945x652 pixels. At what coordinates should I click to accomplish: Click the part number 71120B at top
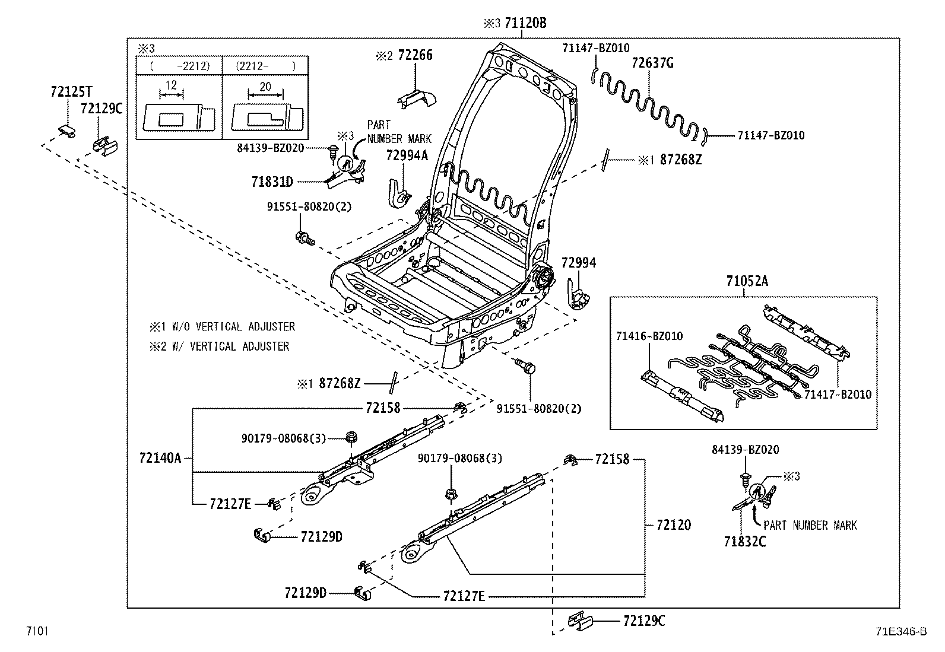[525, 23]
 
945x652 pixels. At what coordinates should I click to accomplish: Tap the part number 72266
[415, 55]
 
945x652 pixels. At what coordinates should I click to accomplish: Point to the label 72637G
[652, 63]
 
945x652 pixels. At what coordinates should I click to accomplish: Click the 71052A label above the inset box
[746, 281]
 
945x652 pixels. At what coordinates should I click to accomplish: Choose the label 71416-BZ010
[649, 336]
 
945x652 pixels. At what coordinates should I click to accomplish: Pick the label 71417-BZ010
[838, 395]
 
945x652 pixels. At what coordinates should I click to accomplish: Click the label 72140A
[160, 457]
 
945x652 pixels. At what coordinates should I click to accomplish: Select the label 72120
[674, 525]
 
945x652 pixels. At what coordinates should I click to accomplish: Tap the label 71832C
[744, 541]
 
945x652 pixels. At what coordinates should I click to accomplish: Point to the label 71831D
[271, 182]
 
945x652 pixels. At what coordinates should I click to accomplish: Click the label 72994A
[407, 155]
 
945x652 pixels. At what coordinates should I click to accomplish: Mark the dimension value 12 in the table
[171, 85]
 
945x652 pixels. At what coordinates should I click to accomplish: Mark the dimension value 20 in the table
[265, 87]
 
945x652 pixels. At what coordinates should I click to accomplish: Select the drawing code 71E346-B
[900, 631]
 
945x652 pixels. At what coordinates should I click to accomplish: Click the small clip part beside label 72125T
[68, 130]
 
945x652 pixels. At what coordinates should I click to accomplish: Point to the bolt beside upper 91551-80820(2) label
[304, 238]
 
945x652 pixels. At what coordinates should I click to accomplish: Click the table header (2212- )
[265, 66]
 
